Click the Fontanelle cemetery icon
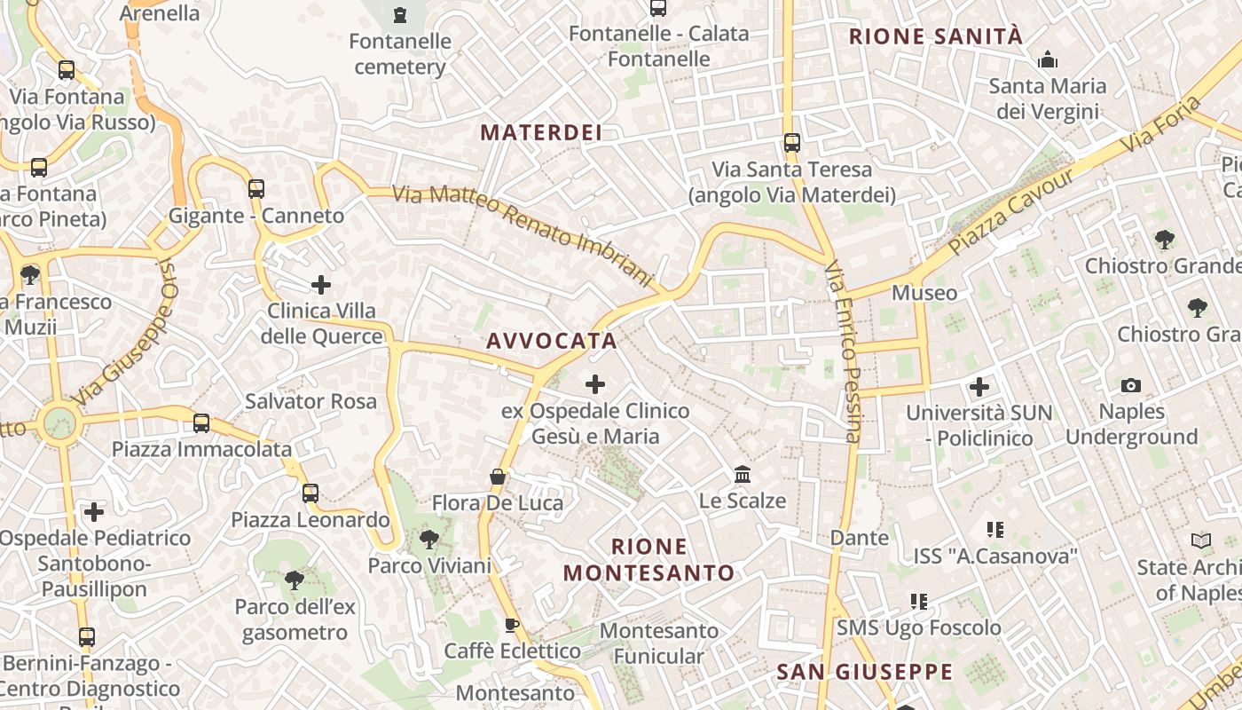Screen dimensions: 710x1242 [400, 14]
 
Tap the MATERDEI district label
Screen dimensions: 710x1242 [541, 133]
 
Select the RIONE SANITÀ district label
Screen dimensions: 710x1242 [936, 36]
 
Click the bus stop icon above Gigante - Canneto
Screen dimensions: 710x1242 [256, 188]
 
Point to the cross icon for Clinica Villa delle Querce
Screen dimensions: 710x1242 [321, 285]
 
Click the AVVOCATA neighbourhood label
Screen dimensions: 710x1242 [552, 341]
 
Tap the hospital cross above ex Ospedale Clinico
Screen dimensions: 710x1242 [595, 384]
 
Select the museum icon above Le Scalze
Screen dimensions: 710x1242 [743, 474]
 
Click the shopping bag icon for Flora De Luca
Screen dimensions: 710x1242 [498, 477]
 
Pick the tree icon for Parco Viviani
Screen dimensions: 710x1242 [429, 539]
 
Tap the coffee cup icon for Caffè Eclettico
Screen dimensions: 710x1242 [512, 625]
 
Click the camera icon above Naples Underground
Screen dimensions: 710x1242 [1131, 385]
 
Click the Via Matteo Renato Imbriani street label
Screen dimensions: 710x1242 [523, 235]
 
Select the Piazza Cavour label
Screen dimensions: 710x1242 [1012, 211]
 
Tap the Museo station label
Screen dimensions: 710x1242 [924, 293]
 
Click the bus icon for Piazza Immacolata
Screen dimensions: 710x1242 [201, 423]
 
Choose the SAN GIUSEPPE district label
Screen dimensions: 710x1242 [865, 672]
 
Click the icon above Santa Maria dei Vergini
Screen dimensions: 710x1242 [1048, 60]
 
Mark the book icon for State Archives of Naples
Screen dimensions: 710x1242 [1201, 540]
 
